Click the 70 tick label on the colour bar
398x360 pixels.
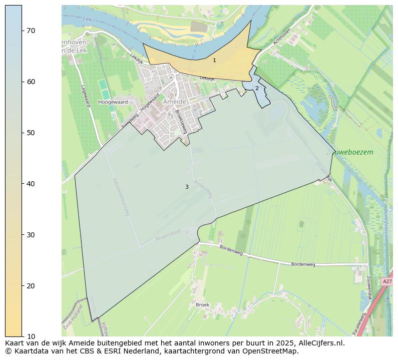(x=31, y=31)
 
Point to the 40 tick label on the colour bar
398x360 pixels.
(x=31, y=184)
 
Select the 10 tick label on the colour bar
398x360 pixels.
(x=31, y=336)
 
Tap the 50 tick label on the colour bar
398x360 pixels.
(x=31, y=133)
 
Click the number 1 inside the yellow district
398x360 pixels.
(x=214, y=60)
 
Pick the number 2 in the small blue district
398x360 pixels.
(x=257, y=88)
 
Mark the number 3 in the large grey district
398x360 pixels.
(x=187, y=187)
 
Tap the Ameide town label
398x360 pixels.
(x=175, y=102)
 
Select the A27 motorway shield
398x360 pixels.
(x=387, y=282)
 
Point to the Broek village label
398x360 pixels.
(x=202, y=304)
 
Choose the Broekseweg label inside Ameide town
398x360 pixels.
(x=181, y=121)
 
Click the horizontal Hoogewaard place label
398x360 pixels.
(x=113, y=102)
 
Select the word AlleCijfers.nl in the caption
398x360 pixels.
(x=319, y=343)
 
